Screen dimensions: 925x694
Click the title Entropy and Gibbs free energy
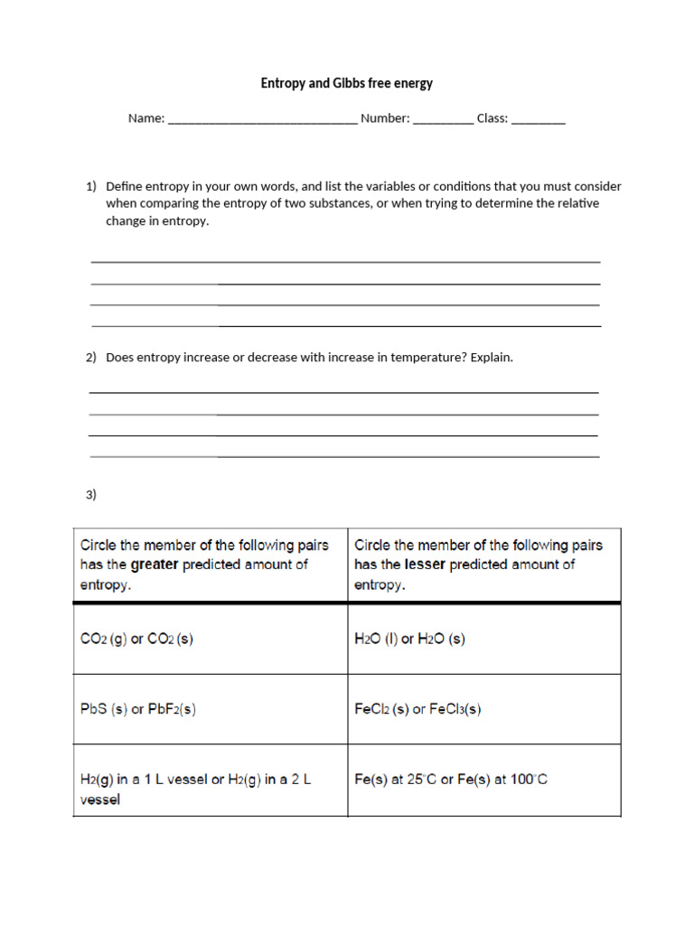pos(347,83)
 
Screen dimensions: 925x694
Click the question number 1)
pos(91,186)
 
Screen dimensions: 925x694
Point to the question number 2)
pos(91,358)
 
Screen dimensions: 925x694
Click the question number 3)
pos(91,494)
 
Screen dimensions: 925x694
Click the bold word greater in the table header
pos(155,565)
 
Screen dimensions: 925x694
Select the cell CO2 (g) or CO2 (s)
pos(137,639)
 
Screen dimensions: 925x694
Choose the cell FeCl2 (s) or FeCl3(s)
pos(417,709)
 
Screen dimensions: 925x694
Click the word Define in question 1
pos(124,186)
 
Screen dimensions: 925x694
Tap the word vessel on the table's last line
pos(100,799)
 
